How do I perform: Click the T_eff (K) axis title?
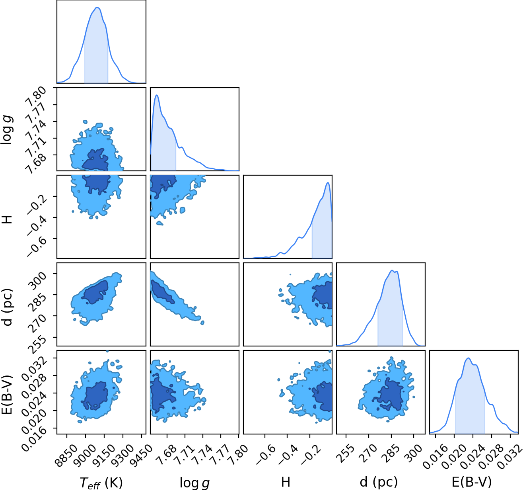(101, 483)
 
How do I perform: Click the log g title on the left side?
(7, 130)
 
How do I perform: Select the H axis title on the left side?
(7, 219)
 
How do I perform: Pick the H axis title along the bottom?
(286, 482)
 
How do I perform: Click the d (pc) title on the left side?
(7, 307)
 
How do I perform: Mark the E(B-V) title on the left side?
(7, 395)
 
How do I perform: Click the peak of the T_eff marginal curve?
(97, 8)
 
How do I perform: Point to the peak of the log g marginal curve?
(157, 95)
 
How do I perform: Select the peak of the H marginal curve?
(328, 183)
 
